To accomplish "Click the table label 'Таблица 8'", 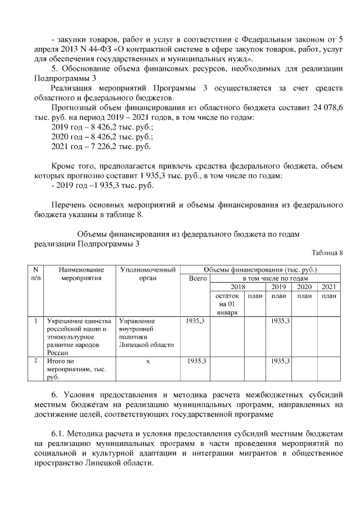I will click(x=327, y=253).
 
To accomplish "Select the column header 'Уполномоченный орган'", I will click(x=148, y=274).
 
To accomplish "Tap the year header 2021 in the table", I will click(x=328, y=287).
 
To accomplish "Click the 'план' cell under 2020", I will click(x=304, y=296).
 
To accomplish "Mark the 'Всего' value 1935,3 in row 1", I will click(x=195, y=321).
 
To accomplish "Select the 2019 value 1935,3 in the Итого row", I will click(x=280, y=360).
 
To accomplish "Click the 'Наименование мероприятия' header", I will click(x=82, y=274).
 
